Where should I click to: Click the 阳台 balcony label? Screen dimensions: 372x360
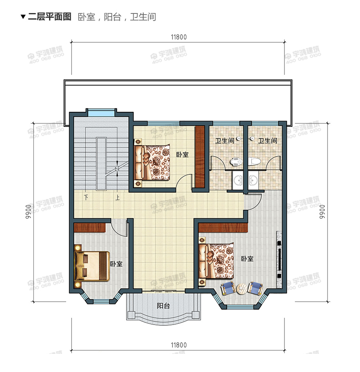pyautogui.click(x=163, y=306)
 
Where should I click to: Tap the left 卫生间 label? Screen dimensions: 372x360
pyautogui.click(x=224, y=141)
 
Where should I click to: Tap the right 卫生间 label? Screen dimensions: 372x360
pyautogui.click(x=267, y=141)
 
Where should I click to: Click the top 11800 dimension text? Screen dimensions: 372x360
pyautogui.click(x=178, y=37)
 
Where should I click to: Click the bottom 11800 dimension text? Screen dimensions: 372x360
pyautogui.click(x=178, y=345)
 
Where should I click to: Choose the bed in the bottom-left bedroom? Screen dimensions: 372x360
pyautogui.click(x=92, y=266)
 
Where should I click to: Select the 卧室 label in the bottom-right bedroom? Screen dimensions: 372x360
pyautogui.click(x=247, y=259)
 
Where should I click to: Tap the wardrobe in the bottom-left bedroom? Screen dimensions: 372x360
pyautogui.click(x=90, y=228)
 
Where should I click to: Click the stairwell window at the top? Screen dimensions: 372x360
pyautogui.click(x=102, y=113)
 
